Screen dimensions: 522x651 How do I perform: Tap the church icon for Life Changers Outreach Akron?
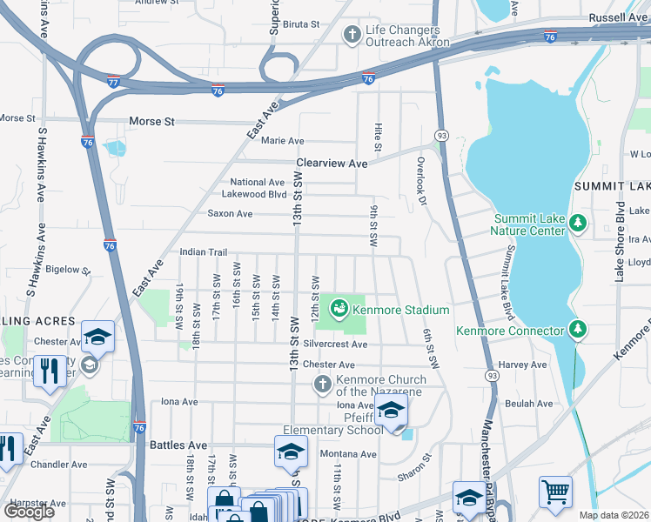[x=352, y=35]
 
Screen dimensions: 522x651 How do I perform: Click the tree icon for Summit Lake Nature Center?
[x=577, y=224]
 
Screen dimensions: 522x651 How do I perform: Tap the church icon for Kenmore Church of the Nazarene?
[x=323, y=384]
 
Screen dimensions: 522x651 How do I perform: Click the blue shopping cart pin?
[x=554, y=492]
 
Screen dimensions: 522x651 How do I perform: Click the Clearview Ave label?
[x=332, y=164]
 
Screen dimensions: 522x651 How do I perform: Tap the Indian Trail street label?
[x=203, y=252]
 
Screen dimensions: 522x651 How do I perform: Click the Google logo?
[x=29, y=512]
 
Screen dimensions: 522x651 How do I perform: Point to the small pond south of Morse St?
[x=114, y=148]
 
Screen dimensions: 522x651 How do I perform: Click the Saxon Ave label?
[x=230, y=214]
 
